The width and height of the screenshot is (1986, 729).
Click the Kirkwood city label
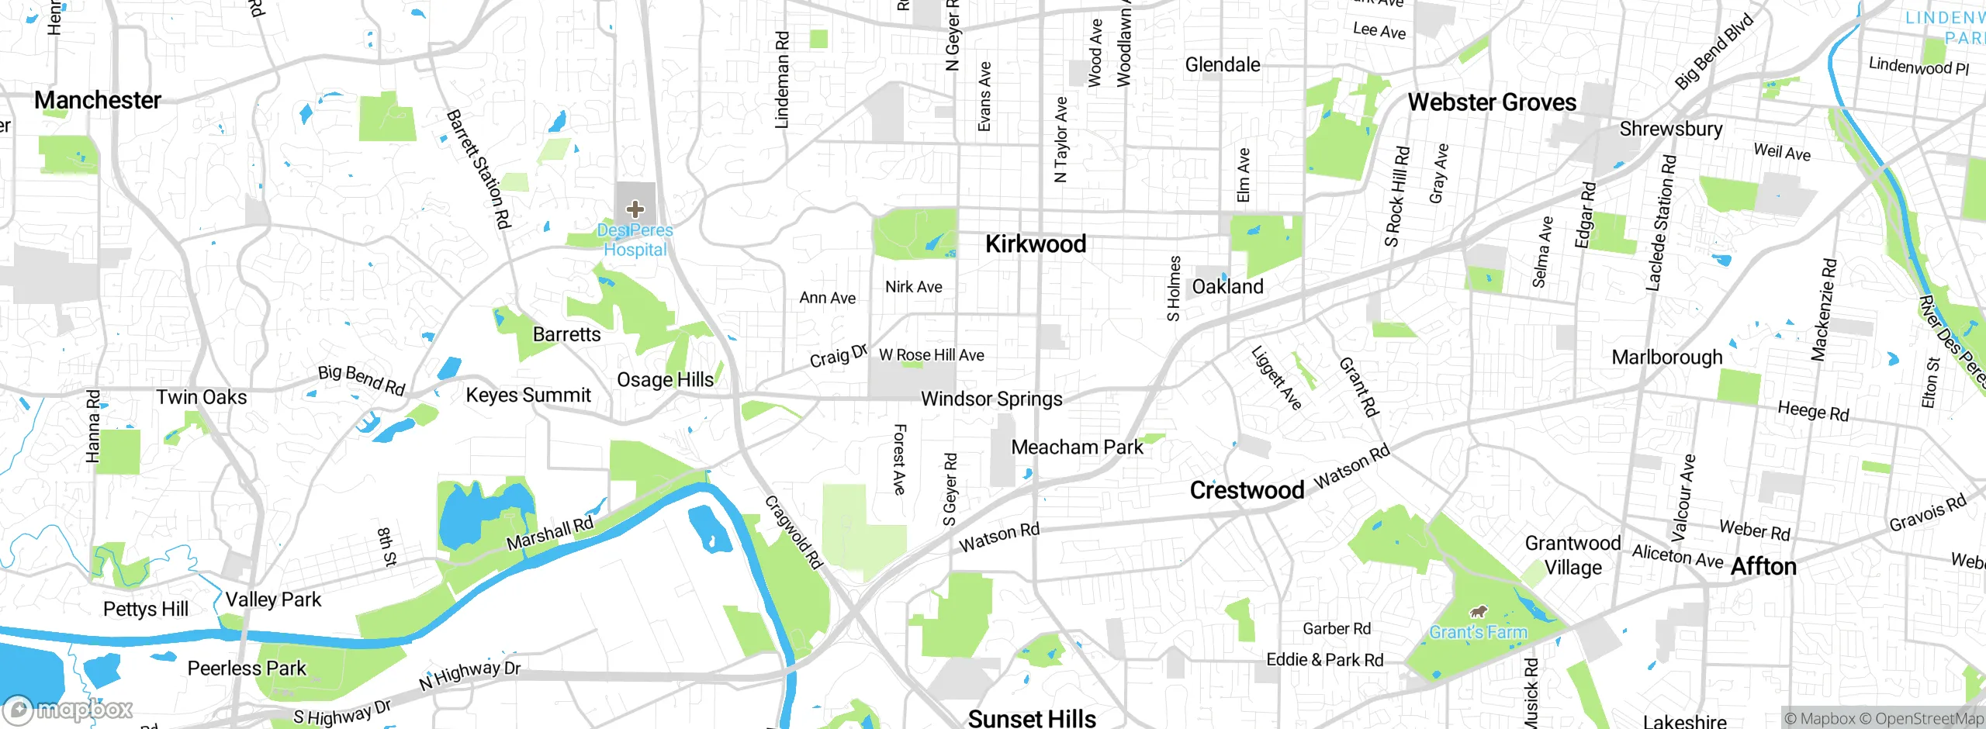(x=1035, y=244)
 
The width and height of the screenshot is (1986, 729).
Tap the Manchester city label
(x=98, y=100)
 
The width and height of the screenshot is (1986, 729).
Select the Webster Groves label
(x=1491, y=102)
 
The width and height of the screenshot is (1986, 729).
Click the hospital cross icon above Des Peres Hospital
(x=635, y=209)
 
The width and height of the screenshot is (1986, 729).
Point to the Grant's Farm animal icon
(x=1479, y=612)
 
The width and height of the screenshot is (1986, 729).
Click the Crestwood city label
(x=1247, y=490)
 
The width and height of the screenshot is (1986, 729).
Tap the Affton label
(x=1763, y=566)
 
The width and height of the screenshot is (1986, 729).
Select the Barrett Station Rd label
(x=479, y=170)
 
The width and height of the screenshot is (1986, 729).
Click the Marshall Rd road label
(x=549, y=534)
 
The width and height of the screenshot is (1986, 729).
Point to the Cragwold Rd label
(x=793, y=532)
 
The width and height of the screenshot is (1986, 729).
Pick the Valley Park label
(x=273, y=599)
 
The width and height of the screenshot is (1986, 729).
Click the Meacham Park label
(x=1077, y=447)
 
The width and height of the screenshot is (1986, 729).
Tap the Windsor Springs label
(x=991, y=399)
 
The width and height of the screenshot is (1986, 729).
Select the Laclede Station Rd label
(x=1661, y=223)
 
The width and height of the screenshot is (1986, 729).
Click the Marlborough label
(x=1666, y=358)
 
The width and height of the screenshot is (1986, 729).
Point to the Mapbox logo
(x=68, y=709)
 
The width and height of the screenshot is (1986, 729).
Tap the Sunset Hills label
(x=1032, y=718)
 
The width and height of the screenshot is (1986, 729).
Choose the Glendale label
(x=1222, y=64)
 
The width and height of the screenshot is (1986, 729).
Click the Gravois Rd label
(x=1927, y=513)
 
